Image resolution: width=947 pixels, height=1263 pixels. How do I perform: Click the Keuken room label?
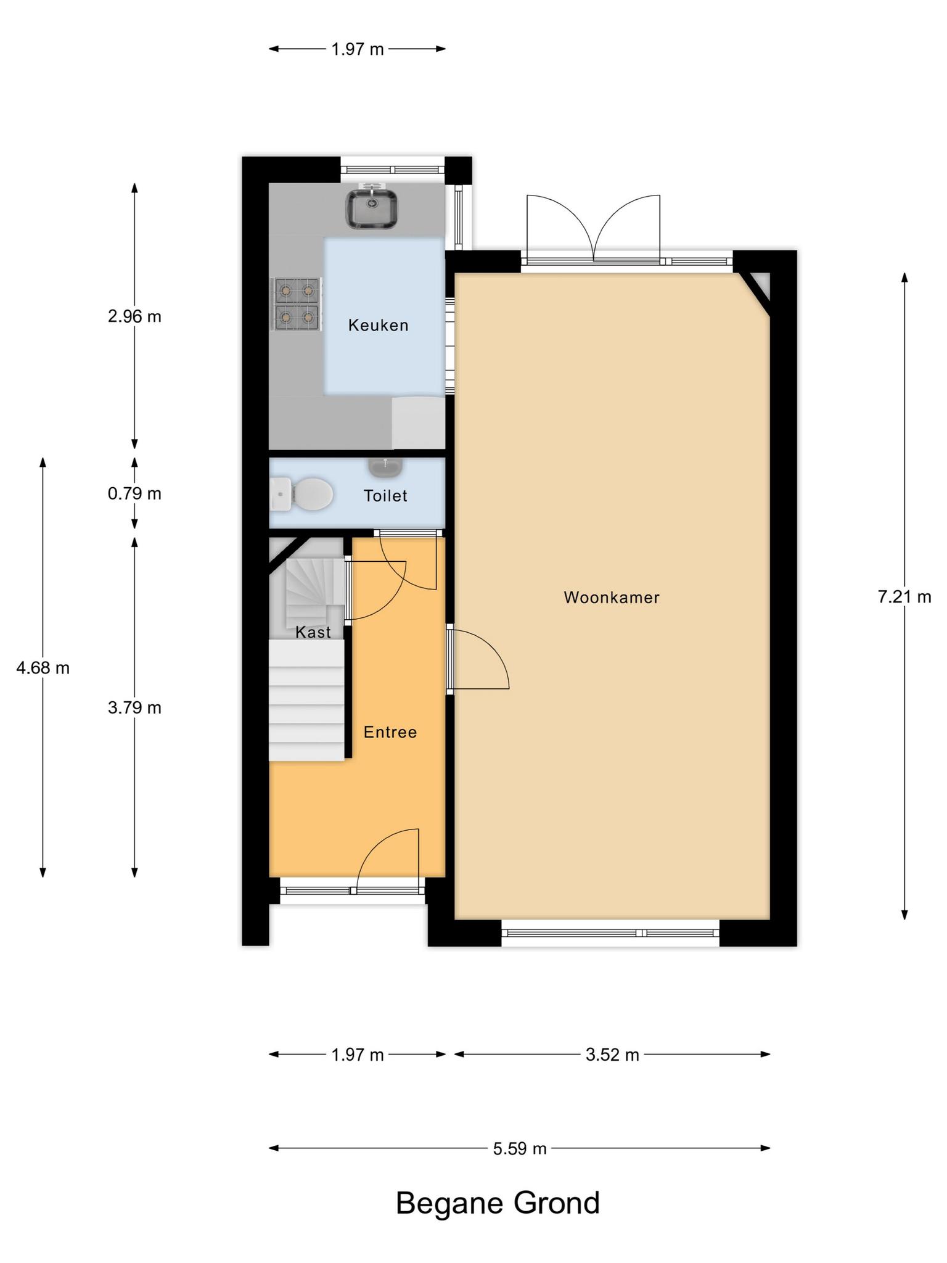click(x=378, y=325)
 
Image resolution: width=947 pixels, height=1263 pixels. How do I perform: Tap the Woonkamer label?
click(x=612, y=597)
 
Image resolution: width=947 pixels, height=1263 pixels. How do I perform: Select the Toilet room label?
click(x=385, y=496)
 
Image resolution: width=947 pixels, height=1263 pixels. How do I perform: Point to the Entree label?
click(x=390, y=732)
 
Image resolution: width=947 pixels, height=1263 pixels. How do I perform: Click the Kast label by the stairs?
click(x=313, y=632)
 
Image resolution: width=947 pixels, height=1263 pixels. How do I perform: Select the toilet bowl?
click(x=301, y=494)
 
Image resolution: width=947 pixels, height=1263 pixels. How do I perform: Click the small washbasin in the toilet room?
click(x=386, y=467)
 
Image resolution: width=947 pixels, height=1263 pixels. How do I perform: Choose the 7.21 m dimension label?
click(x=904, y=597)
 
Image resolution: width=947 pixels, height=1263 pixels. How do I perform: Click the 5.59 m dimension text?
click(x=520, y=1148)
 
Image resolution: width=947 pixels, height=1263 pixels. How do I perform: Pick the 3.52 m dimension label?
click(x=612, y=1055)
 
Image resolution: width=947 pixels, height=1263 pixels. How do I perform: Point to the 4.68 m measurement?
click(x=43, y=667)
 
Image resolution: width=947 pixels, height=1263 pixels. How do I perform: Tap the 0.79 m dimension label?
click(x=134, y=493)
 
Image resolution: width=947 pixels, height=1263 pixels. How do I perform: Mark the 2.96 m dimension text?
click(x=134, y=316)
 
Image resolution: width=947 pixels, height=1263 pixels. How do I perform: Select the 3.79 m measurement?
click(x=134, y=707)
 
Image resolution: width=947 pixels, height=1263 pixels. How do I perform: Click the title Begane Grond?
click(x=498, y=1203)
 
